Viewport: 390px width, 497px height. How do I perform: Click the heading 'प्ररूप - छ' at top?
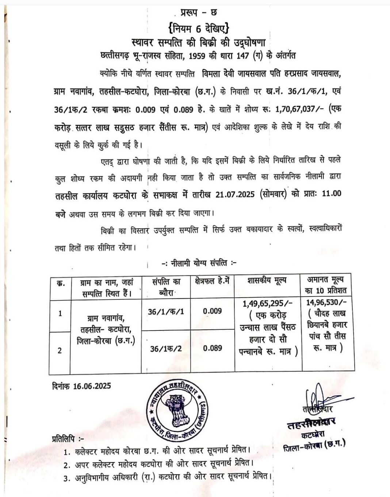(x=199, y=14)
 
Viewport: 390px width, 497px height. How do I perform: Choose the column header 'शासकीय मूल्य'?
(x=267, y=280)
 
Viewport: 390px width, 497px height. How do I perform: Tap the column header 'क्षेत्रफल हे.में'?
(x=212, y=281)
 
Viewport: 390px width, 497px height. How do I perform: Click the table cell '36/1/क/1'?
(x=166, y=311)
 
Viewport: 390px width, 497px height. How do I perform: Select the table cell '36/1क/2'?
(x=166, y=349)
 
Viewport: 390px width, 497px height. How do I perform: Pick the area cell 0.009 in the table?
(x=212, y=311)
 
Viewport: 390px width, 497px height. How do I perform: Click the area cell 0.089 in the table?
(x=212, y=348)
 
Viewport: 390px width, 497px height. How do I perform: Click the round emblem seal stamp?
(x=178, y=409)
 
